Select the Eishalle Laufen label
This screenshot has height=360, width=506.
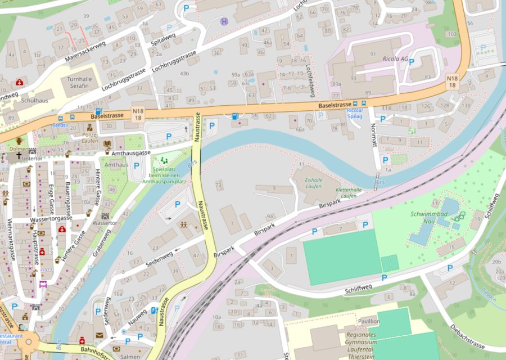tap(314, 182)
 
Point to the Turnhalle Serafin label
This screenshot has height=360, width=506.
tap(83, 83)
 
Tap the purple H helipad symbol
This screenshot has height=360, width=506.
tap(224, 22)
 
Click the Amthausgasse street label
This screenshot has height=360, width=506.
tap(131, 152)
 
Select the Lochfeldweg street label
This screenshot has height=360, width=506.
tap(309, 77)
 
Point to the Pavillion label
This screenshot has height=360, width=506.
tap(368, 321)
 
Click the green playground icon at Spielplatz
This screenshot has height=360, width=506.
tap(164, 161)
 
